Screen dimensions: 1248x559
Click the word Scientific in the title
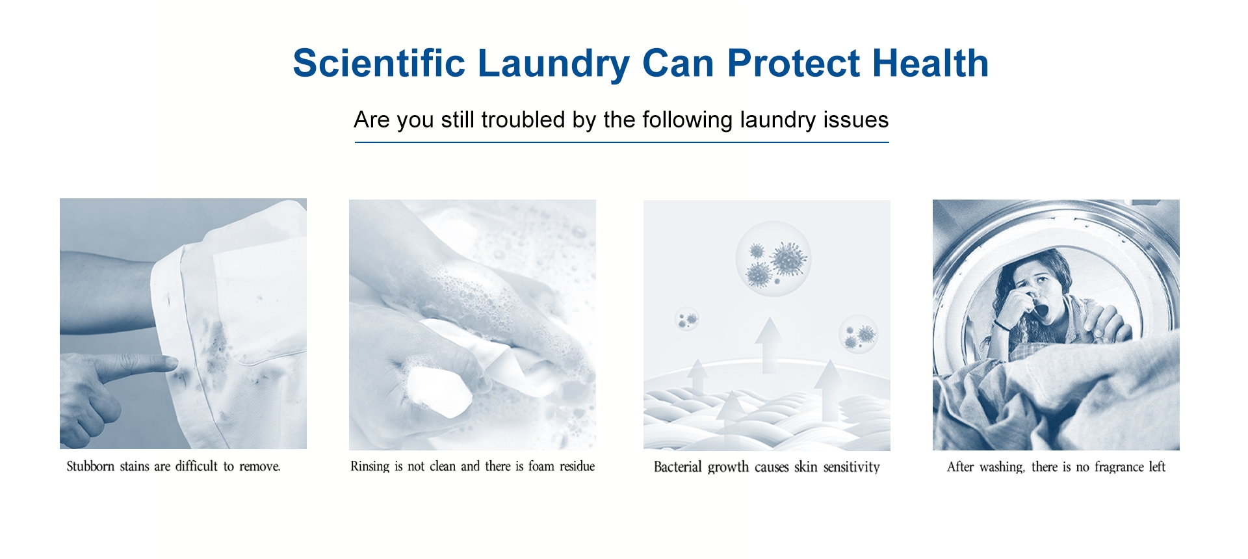coord(379,63)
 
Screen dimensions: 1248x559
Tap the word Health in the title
coord(930,63)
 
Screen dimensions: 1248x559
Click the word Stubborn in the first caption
coord(90,466)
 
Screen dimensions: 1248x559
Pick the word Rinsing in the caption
coord(370,466)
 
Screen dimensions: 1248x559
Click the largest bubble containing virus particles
coord(773,259)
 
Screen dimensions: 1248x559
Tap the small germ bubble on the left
coord(686,318)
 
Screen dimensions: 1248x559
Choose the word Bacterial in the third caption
coord(678,467)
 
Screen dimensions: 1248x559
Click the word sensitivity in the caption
coord(851,467)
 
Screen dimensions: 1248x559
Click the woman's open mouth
coord(1041,311)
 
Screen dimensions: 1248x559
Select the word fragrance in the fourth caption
coord(1119,467)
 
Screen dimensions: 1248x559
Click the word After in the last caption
coord(960,467)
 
